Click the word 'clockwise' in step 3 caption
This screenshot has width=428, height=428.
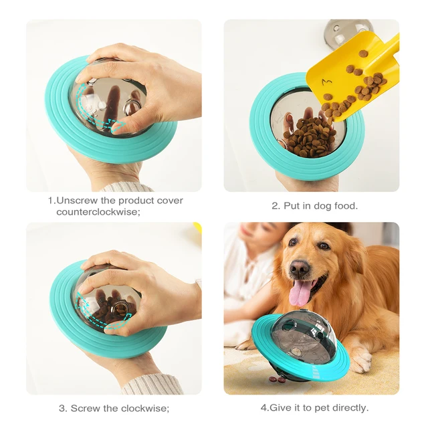coord(145,408)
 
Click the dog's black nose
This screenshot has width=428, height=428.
coord(300,268)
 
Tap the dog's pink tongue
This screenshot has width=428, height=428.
coord(302,292)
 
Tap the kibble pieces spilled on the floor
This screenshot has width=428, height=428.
coord(276,380)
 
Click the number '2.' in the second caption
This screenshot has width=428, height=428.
coord(276,206)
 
